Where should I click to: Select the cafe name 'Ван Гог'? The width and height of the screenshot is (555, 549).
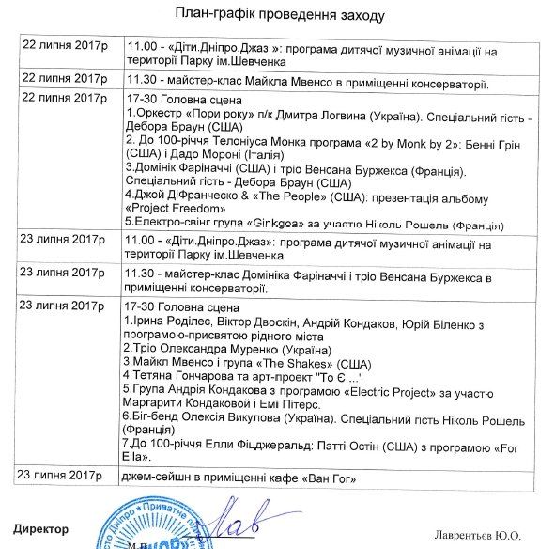tap(333, 479)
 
